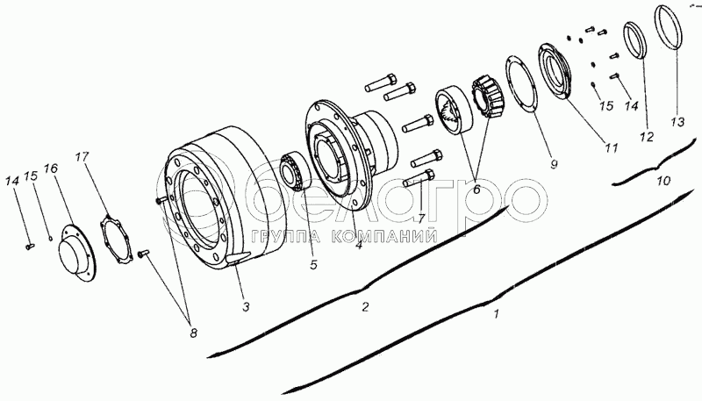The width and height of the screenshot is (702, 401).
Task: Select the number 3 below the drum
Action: point(246,306)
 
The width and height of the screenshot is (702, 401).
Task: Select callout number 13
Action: point(676,123)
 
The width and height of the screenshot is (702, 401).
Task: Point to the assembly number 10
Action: point(663,182)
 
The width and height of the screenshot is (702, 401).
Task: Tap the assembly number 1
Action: point(498,312)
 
